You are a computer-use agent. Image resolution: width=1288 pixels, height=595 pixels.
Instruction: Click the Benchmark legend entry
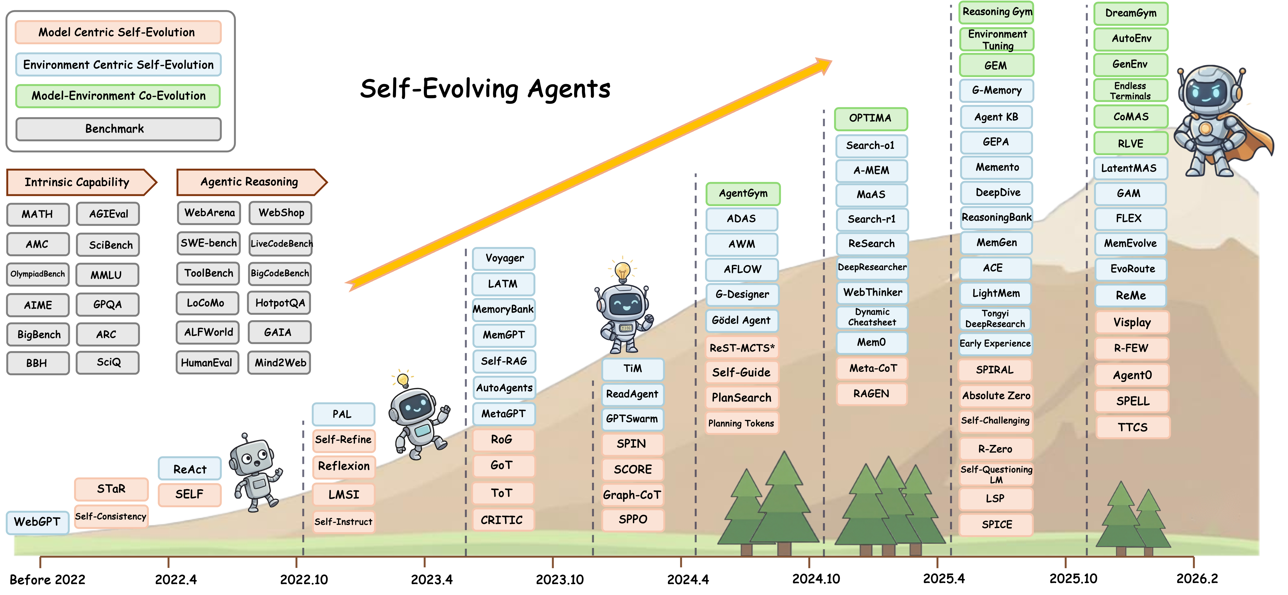click(118, 129)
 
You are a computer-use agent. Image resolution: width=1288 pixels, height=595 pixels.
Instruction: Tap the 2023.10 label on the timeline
click(559, 580)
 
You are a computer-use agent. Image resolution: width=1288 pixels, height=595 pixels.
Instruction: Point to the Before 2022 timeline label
click(47, 580)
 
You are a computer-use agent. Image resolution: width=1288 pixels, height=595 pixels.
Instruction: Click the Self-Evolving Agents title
click(485, 89)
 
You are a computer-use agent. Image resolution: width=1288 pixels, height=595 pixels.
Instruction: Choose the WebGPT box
click(37, 522)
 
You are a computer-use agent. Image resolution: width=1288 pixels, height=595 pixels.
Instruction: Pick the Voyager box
click(504, 259)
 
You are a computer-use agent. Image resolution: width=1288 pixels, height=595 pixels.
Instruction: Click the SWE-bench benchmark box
click(209, 243)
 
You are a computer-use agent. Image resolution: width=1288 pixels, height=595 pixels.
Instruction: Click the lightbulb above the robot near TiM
click(623, 272)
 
